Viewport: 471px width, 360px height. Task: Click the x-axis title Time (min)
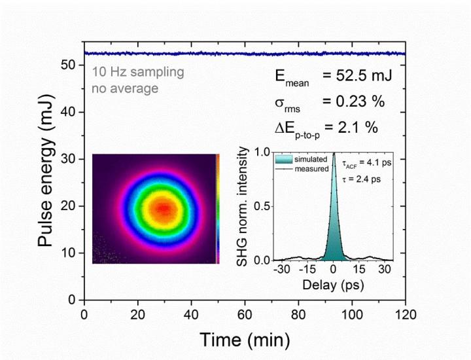click(x=245, y=340)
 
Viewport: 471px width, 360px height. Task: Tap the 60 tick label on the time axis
click(x=245, y=314)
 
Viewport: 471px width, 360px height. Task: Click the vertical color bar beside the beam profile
click(x=218, y=209)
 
